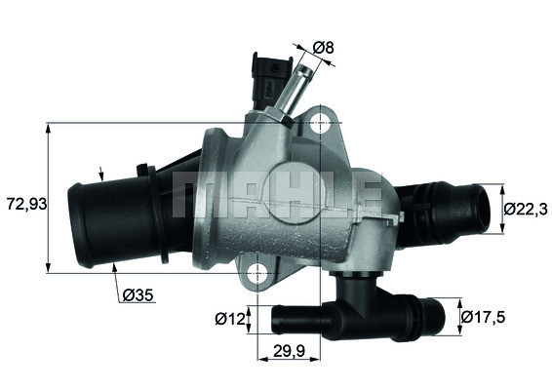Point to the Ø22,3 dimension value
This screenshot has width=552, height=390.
coord(525,208)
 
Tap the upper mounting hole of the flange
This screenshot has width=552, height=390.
coord(322,124)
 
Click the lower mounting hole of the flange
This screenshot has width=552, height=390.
coord(257,272)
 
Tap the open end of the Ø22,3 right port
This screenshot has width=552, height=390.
coord(480,209)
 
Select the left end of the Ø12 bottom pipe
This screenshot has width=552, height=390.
coord(276,318)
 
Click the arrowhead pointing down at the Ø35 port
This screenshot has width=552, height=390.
coord(103,176)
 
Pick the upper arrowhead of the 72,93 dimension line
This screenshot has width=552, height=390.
coord(49,130)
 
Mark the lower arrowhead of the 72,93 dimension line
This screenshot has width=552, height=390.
coord(49,265)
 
